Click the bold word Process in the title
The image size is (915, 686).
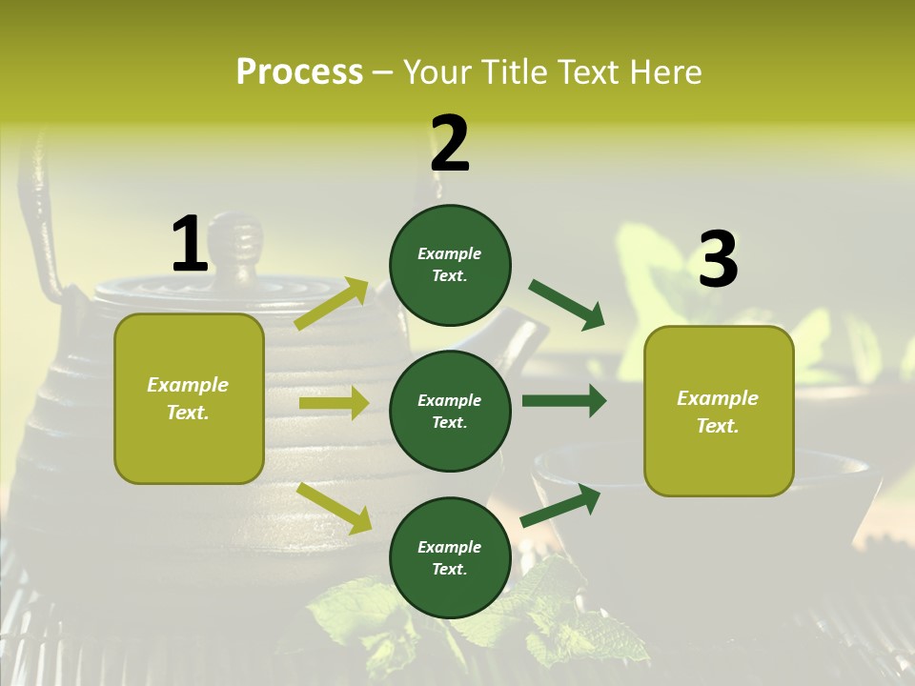[x=299, y=72]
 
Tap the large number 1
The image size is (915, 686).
[x=190, y=244]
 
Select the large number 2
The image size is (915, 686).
[x=450, y=144]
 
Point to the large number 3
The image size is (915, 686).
[x=718, y=259]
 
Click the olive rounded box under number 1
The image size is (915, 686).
[x=189, y=398]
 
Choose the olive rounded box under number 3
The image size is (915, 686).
[x=719, y=411]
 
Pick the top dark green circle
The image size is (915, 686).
[x=450, y=265]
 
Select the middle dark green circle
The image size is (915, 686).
[x=450, y=411]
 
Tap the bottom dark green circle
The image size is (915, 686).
[x=450, y=557]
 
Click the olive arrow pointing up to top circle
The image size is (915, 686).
[x=332, y=303]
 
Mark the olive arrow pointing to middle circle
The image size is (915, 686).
[x=334, y=403]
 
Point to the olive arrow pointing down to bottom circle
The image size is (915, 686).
[x=334, y=507]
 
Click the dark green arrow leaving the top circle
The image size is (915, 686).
[x=566, y=304]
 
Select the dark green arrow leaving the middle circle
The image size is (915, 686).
[x=564, y=401]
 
